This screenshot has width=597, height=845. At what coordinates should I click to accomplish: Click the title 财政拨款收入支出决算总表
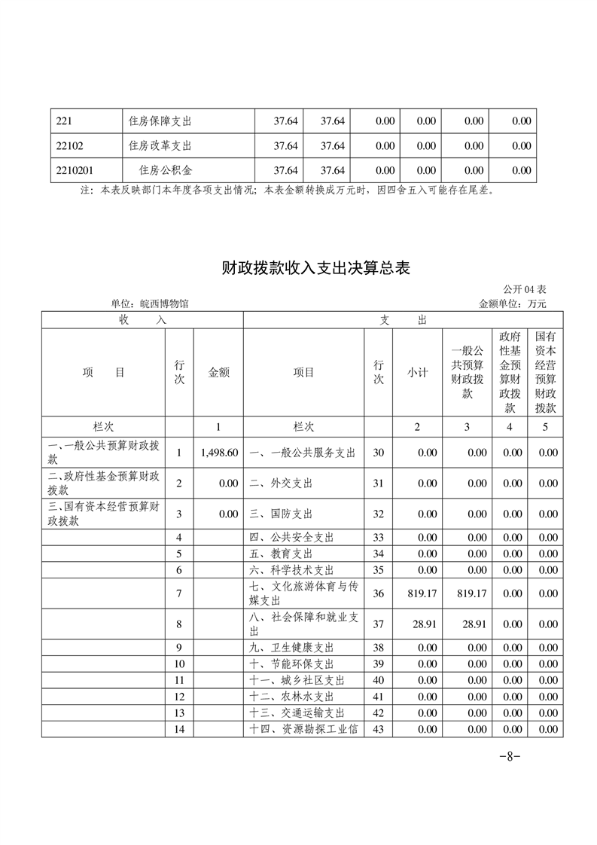click(x=315, y=267)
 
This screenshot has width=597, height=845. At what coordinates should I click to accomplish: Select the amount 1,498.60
click(x=219, y=453)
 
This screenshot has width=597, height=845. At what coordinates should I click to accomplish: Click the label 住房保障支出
click(x=160, y=120)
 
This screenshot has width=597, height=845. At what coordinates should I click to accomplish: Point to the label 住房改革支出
click(x=160, y=145)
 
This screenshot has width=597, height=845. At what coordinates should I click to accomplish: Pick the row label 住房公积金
click(x=165, y=170)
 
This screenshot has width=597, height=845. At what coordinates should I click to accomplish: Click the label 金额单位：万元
click(x=512, y=304)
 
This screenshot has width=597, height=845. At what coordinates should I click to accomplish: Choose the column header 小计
click(x=417, y=372)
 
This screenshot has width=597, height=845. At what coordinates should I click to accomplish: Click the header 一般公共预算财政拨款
click(x=467, y=372)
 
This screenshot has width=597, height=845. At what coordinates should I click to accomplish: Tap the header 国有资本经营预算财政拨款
click(x=545, y=372)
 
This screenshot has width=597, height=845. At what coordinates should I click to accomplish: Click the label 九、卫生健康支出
click(x=291, y=648)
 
